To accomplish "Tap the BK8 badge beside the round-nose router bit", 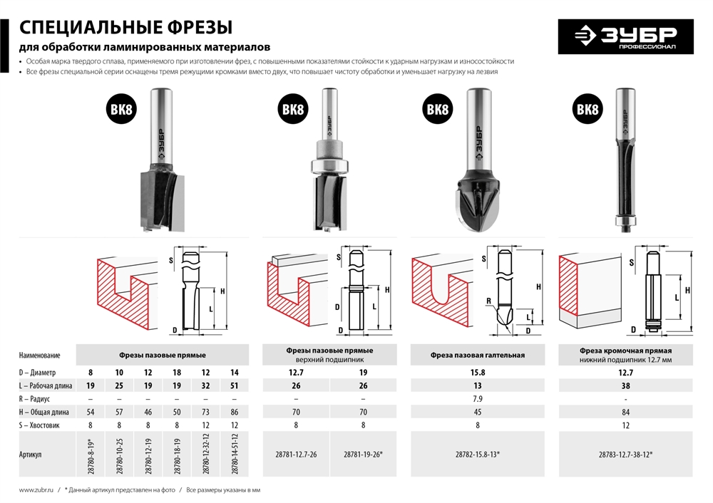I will click(x=438, y=110).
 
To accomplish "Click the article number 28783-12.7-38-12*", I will click(x=625, y=454).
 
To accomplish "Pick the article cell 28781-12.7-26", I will click(x=296, y=454).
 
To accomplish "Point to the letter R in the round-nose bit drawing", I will click(x=488, y=301).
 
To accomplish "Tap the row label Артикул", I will click(x=31, y=454).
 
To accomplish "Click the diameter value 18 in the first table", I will click(x=174, y=372).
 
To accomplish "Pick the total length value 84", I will click(x=625, y=413).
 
